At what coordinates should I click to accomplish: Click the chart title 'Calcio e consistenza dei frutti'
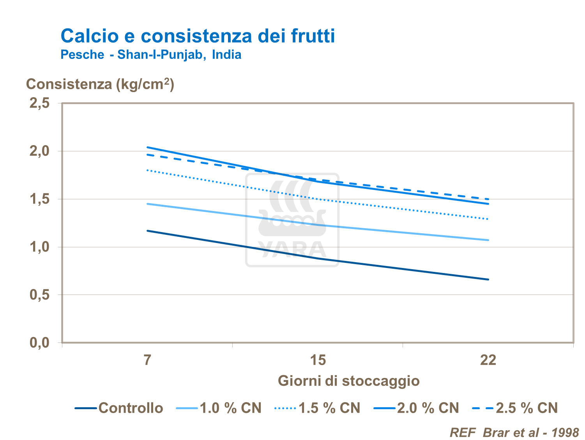coord(198,36)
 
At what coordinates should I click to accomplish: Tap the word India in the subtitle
coord(226,55)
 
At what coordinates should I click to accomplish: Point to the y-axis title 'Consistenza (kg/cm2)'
coord(100,84)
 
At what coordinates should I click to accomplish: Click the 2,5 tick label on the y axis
coord(40,103)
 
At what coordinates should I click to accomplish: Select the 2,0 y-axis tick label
coord(40,151)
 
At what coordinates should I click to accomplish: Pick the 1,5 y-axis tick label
coord(40,199)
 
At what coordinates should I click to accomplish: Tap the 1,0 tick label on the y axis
coord(40,247)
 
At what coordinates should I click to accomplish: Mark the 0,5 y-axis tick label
coord(40,295)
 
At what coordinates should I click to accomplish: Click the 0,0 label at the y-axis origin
coord(40,343)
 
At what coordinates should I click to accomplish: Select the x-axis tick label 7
coord(147,360)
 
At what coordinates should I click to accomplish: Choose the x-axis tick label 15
coord(318,360)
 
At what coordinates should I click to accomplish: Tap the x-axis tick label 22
coord(488,360)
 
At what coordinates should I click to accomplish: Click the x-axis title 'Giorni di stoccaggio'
coord(349,381)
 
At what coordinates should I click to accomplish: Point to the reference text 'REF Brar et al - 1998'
coord(514,433)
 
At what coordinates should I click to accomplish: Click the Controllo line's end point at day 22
coord(488,279)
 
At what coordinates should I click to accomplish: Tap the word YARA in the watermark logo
coord(292,250)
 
